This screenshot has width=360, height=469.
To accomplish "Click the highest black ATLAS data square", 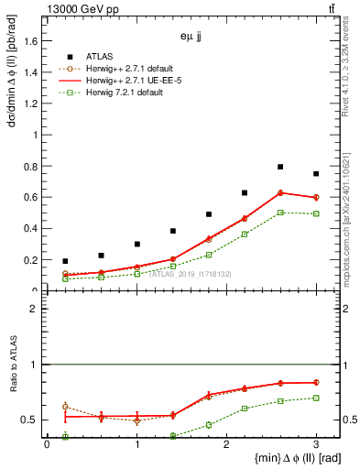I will (x=280, y=167).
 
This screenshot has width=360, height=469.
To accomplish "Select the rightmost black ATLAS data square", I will (x=316, y=174).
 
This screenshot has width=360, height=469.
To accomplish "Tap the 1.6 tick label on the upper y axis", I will (x=31, y=40).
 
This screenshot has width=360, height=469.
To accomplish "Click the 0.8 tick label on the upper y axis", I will (x=31, y=166).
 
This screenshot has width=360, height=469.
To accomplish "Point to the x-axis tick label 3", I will (x=316, y=444).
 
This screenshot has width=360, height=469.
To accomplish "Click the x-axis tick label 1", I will (x=136, y=444).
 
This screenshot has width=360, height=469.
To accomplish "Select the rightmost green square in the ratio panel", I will (x=316, y=398).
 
